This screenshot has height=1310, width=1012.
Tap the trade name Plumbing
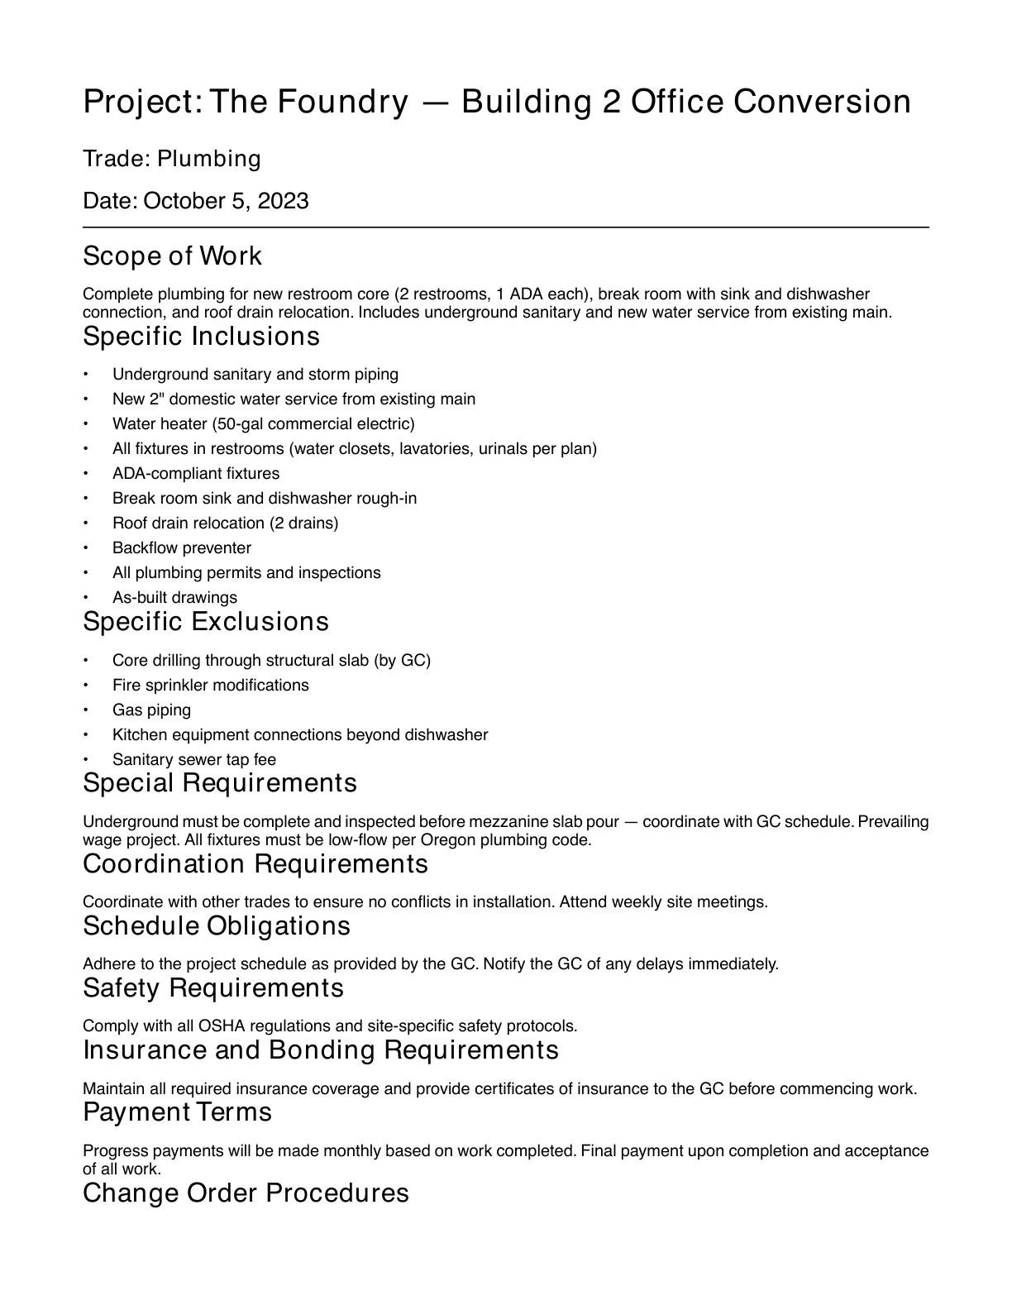[x=208, y=159]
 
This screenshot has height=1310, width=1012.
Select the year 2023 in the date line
[x=283, y=201]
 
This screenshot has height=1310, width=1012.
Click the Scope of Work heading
[x=172, y=256]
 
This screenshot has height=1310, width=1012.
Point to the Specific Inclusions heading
[x=201, y=337]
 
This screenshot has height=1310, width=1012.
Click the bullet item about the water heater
[x=263, y=423]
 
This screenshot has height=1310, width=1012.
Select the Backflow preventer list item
[x=182, y=547]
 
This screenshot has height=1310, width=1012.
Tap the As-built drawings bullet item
[x=174, y=597]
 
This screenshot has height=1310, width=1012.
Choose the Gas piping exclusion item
[x=151, y=710]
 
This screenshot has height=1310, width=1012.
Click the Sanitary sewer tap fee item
[x=194, y=759]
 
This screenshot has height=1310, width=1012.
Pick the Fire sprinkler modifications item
[x=210, y=685]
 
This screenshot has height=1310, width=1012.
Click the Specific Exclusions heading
[x=206, y=622]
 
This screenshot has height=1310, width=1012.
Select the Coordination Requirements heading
[x=255, y=864]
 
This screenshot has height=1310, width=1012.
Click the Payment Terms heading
[x=177, y=1112]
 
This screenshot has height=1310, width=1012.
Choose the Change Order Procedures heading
[x=246, y=1193]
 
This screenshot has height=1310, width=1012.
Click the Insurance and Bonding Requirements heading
[x=321, y=1050]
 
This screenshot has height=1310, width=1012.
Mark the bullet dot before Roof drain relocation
[x=86, y=524]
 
